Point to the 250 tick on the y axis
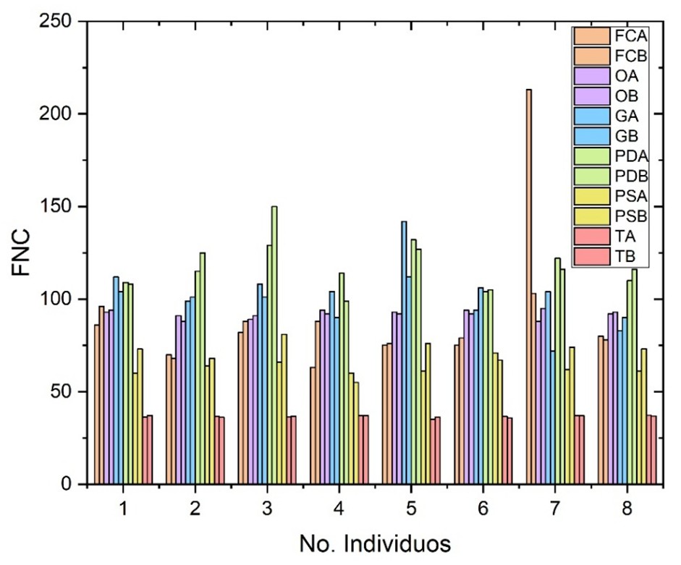pos(61,22)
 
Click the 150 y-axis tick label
pos(61,207)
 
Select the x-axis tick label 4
pos(339,509)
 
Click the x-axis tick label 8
pos(627,509)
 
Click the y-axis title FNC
pos(23,253)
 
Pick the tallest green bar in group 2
pos(203,368)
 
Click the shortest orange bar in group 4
pos(313,426)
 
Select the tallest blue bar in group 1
pos(116,381)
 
